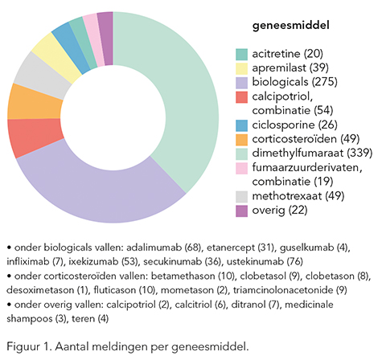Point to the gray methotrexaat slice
point(42,74)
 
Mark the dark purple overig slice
point(105,39)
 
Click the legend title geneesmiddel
point(291,26)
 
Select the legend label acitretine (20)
point(287,54)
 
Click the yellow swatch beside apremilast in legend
point(241,68)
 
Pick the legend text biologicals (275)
point(294,82)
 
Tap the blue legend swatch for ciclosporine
point(241,125)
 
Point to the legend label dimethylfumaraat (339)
point(312,153)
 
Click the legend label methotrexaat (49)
point(298,196)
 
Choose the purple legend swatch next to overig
point(241,211)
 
